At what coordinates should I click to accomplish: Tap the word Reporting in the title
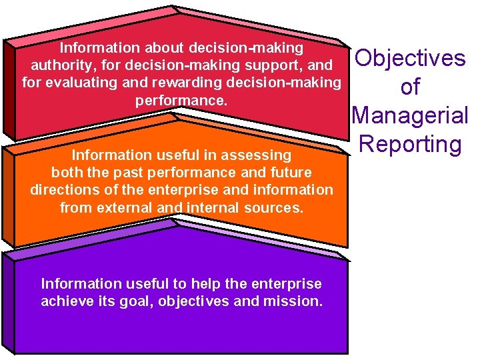[409, 144]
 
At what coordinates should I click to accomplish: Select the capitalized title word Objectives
[411, 58]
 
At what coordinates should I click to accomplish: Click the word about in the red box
[164, 49]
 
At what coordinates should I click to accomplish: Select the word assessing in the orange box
[258, 155]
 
